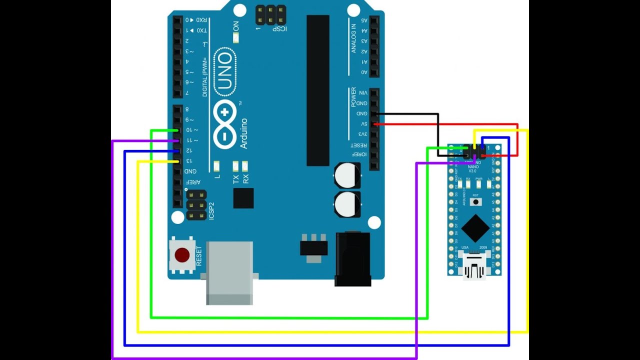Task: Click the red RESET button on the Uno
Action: pyautogui.click(x=182, y=255)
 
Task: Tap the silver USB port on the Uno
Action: pyautogui.click(x=229, y=272)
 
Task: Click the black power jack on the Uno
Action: pyautogui.click(x=352, y=259)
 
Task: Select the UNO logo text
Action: pyautogui.click(x=224, y=72)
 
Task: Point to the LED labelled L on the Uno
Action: pyautogui.click(x=216, y=166)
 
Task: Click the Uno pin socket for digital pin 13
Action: pyautogui.click(x=177, y=161)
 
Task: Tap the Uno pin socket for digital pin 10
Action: pyautogui.click(x=177, y=130)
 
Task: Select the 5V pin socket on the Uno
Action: pyautogui.click(x=374, y=124)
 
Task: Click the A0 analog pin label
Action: pyautogui.click(x=364, y=72)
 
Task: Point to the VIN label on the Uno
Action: pyautogui.click(x=364, y=93)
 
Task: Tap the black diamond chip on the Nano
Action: pyautogui.click(x=475, y=228)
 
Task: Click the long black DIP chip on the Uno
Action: pyautogui.click(x=318, y=90)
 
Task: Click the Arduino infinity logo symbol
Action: pyautogui.click(x=224, y=124)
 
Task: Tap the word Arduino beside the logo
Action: pyautogui.click(x=244, y=133)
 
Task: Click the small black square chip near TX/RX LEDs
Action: pyautogui.click(x=243, y=198)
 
